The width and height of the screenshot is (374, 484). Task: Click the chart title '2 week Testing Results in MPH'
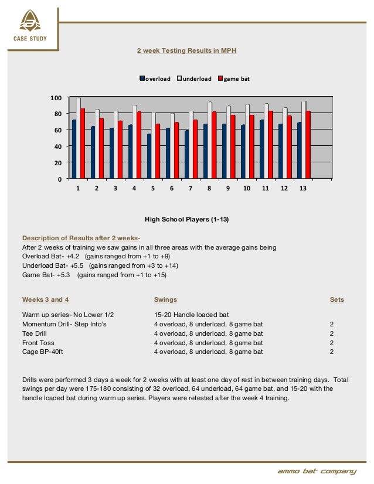click(x=186, y=51)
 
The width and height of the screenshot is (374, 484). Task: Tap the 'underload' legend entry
click(x=196, y=79)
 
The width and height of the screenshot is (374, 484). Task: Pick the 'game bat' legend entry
click(x=236, y=79)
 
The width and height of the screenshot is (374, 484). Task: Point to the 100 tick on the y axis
click(x=56, y=97)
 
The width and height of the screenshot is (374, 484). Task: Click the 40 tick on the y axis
click(x=57, y=146)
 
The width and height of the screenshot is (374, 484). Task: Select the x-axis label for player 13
click(x=302, y=189)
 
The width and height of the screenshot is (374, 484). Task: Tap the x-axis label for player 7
click(x=191, y=189)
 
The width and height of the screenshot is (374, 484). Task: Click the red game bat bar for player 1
click(x=83, y=143)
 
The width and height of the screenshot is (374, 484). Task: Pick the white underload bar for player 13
click(x=304, y=139)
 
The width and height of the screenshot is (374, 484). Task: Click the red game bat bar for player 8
click(x=214, y=145)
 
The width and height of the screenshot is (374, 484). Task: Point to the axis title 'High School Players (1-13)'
click(x=186, y=219)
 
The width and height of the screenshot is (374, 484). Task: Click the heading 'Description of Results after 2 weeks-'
click(x=81, y=238)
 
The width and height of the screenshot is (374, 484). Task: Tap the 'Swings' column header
click(x=165, y=299)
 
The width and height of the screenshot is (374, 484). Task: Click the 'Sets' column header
click(x=336, y=299)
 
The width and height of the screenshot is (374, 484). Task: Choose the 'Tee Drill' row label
click(x=36, y=333)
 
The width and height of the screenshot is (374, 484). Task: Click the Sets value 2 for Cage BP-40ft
click(x=332, y=352)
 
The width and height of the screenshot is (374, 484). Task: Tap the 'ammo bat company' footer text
click(x=317, y=472)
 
